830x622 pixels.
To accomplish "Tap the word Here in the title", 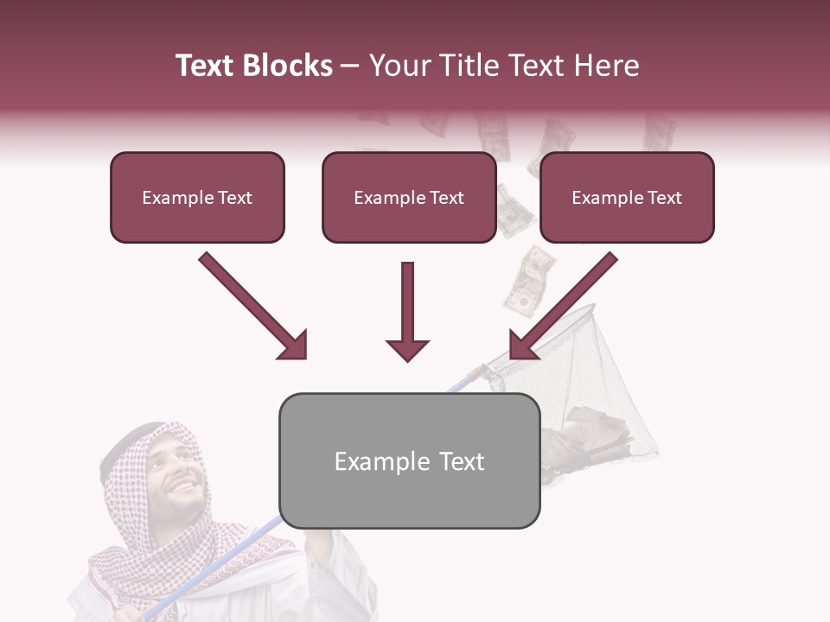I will coord(611,66).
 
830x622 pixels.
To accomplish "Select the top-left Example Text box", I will coord(197,198).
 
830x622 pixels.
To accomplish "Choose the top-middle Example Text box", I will coord(409,198).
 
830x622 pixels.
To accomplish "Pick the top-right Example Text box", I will coord(627,198).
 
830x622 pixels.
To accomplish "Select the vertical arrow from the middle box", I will coord(407,312).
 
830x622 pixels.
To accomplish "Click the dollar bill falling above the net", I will coord(526,281).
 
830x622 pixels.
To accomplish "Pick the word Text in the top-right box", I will coord(663,198).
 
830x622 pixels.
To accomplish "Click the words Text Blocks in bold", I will coord(253,66).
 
